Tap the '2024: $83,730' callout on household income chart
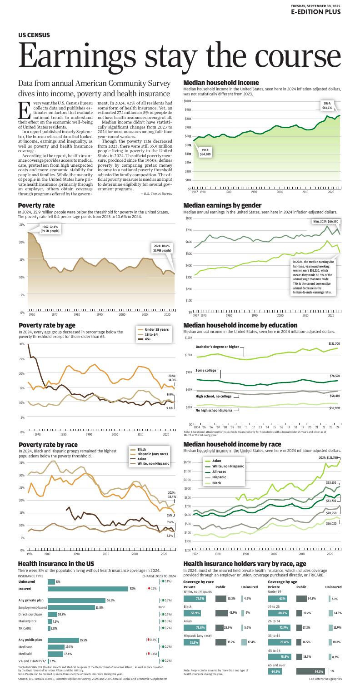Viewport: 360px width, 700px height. [x=327, y=106]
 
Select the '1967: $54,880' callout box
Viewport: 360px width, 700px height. [x=205, y=152]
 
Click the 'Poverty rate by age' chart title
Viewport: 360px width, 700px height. [x=47, y=325]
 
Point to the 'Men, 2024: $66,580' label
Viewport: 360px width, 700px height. [x=325, y=222]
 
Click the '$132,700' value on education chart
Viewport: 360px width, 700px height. [x=334, y=344]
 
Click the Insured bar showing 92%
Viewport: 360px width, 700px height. [x=88, y=589]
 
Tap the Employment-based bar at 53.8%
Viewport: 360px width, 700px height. [x=71, y=607]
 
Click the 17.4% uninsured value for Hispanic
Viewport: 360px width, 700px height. [x=251, y=642]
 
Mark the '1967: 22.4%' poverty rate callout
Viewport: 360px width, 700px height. [x=50, y=229]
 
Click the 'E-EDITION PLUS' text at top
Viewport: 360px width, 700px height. [x=316, y=12]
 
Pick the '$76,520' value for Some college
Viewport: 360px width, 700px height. [x=335, y=376]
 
